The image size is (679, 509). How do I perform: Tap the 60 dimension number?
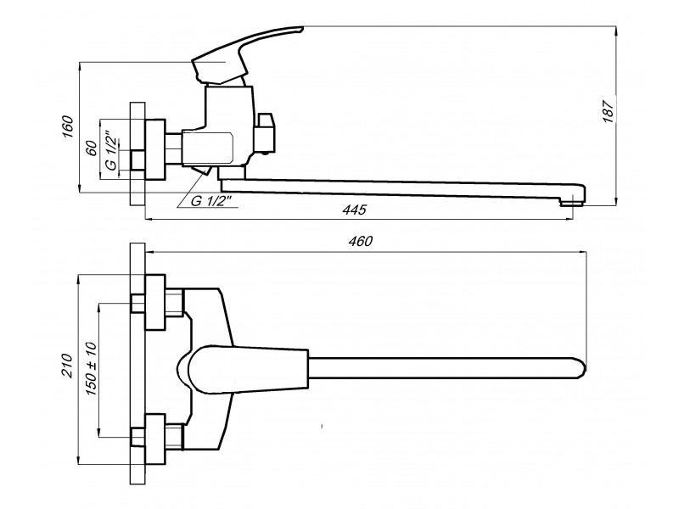(x=91, y=147)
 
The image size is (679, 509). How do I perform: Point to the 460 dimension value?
(x=361, y=242)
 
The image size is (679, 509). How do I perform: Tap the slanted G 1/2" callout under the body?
(x=207, y=202)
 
